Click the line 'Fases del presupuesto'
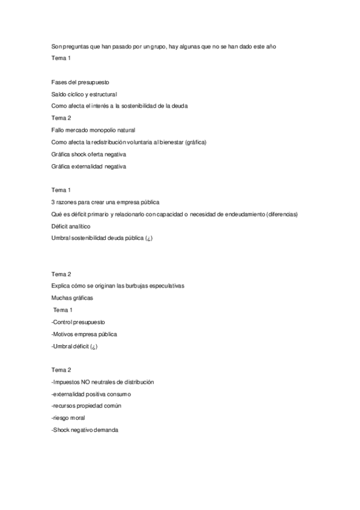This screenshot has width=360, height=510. click(80, 81)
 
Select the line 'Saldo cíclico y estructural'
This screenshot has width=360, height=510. click(84, 94)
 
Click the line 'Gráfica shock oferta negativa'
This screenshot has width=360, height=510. click(89, 155)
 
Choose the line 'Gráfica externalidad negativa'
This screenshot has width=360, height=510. click(89, 167)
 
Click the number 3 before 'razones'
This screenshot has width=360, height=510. click(53, 203)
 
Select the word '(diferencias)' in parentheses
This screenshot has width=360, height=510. click(281, 215)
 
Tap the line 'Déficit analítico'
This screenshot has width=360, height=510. click(71, 227)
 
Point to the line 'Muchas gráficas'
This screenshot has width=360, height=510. click(73, 298)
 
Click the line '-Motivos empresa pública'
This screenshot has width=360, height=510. click(84, 334)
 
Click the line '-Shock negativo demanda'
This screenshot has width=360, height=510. click(85, 430)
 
